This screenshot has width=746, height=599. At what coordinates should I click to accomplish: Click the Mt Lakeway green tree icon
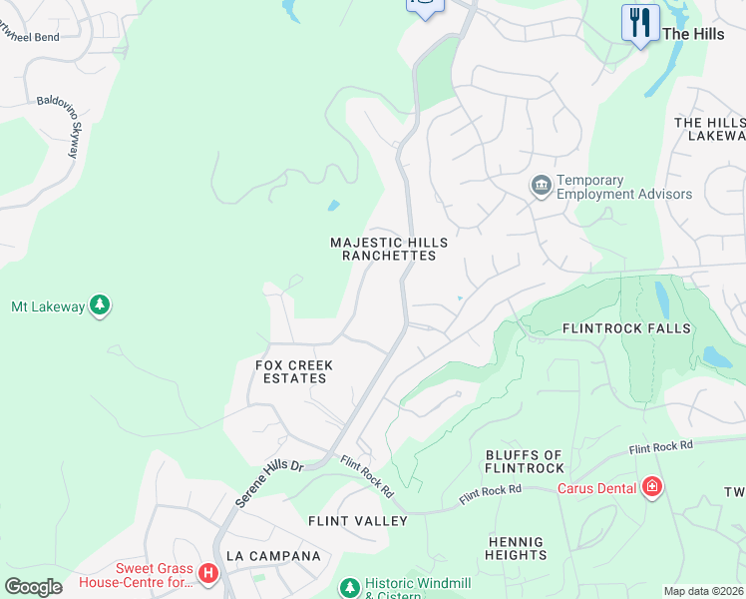tap(100, 305)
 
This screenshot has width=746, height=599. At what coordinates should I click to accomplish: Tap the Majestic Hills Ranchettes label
tap(389, 249)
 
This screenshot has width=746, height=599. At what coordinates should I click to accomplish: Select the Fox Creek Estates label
tap(294, 371)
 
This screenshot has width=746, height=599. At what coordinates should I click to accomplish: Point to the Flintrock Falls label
tap(626, 327)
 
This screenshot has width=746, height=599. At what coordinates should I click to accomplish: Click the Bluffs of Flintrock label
tap(525, 461)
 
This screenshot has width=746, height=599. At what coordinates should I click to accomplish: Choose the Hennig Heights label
tap(517, 548)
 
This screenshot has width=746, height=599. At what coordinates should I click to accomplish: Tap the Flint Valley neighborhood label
tap(358, 521)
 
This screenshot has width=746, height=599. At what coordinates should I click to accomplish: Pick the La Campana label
tap(273, 555)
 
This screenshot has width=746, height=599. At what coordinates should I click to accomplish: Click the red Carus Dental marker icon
tap(652, 486)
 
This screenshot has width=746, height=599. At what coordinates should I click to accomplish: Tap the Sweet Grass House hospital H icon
tap(207, 573)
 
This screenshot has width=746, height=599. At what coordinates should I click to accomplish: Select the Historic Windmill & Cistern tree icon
tap(350, 587)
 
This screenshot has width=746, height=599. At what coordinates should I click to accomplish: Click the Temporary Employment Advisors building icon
tap(541, 187)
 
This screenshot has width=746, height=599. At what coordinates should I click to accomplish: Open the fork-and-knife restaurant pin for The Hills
tap(639, 23)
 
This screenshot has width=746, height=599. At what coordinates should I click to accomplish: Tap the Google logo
tap(33, 586)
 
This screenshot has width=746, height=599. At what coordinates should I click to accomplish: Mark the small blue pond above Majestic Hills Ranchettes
tap(333, 206)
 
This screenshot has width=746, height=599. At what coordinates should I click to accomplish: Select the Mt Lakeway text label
tap(48, 306)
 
